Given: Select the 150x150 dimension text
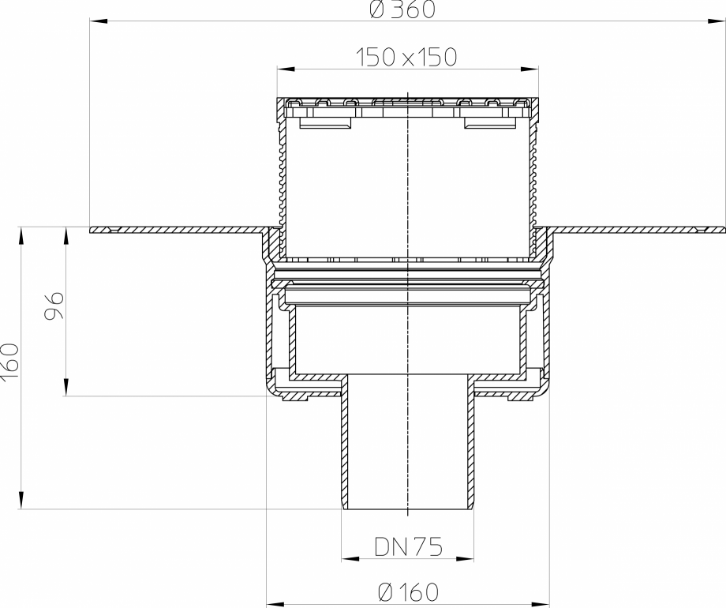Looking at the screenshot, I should (406, 57).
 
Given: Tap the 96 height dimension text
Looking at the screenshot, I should (53, 304).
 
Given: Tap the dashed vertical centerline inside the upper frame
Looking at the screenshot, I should (407, 182).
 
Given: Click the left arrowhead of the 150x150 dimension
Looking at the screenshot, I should (282, 69).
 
